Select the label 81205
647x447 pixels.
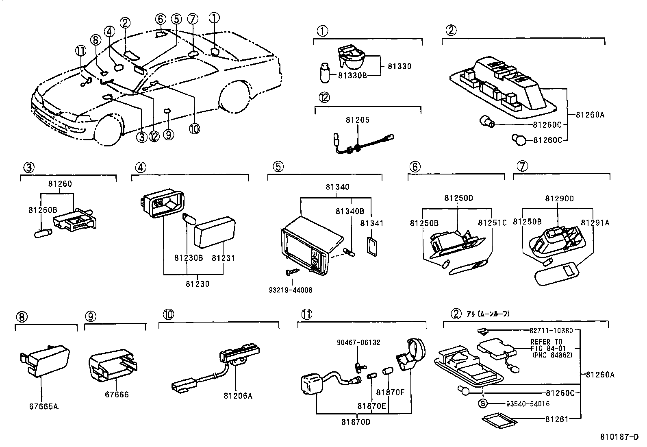(358, 120)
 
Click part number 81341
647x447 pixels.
(371, 223)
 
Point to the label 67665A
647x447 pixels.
(43, 406)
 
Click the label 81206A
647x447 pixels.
(238, 395)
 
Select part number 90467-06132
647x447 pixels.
(358, 342)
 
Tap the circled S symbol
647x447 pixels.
(483, 403)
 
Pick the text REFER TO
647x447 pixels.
(546, 342)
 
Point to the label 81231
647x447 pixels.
(223, 258)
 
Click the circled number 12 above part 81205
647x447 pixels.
(324, 98)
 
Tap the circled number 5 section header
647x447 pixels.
(278, 166)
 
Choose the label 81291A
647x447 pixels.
(595, 222)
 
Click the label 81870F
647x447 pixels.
(391, 392)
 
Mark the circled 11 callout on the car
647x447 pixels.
(81, 50)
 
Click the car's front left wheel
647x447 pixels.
(109, 131)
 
